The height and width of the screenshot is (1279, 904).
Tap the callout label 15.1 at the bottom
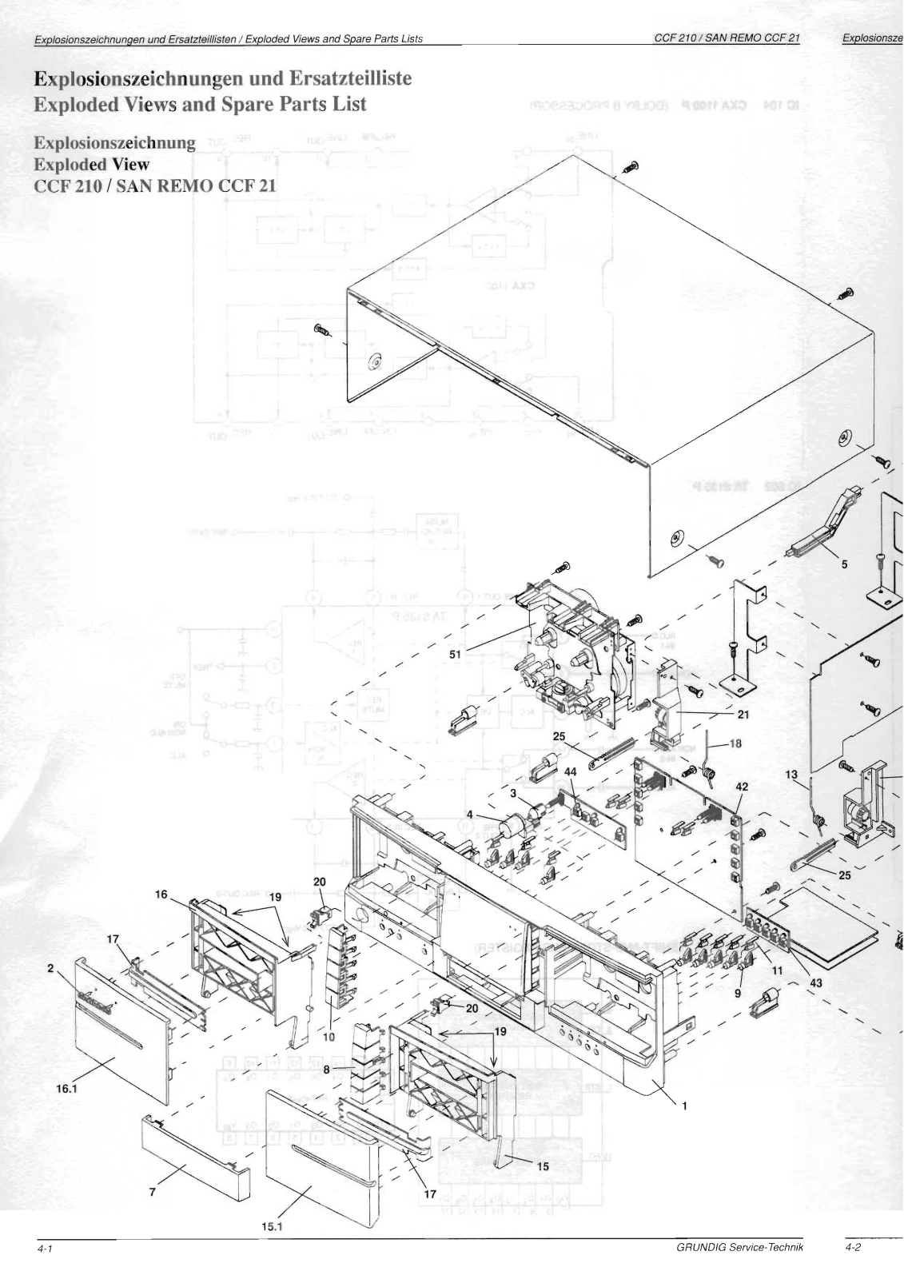(x=273, y=1227)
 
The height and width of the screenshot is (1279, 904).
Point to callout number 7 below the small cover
(x=152, y=1191)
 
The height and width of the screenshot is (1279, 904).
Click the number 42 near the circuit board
(x=742, y=787)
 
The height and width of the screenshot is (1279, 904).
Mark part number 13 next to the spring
(x=791, y=774)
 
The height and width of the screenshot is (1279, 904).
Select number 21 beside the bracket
(x=743, y=714)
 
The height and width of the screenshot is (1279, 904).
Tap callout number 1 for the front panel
(x=684, y=1106)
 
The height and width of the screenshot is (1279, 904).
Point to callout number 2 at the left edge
(x=50, y=968)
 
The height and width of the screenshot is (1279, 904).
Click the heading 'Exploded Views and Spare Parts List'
(x=200, y=104)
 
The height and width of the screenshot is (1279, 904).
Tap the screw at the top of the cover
(x=632, y=167)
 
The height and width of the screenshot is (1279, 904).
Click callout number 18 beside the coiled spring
(x=735, y=743)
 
